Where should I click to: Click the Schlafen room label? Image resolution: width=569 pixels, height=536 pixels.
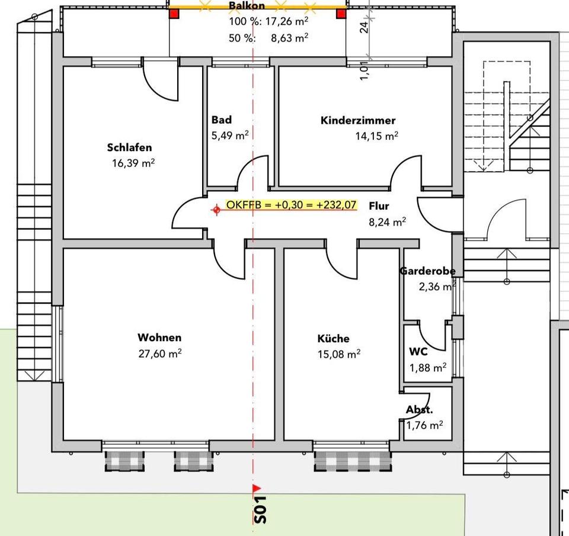pos(130,147)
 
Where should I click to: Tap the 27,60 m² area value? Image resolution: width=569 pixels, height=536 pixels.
pos(159,354)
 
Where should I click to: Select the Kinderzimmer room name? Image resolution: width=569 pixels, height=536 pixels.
pos(357,121)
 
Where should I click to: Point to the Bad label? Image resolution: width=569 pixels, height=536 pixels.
pos(222,120)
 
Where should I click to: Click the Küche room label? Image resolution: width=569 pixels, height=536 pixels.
pos(333,339)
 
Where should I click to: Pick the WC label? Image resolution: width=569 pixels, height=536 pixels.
pos(418,351)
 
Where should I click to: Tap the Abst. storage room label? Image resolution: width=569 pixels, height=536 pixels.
pos(419,410)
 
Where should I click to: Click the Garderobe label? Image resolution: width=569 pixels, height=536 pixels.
pos(427,271)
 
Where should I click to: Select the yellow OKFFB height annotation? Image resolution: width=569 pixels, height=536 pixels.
pos(291,206)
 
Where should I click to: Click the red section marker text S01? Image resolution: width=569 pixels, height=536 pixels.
pos(260,509)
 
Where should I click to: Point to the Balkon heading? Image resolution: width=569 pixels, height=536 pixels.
pos(247,6)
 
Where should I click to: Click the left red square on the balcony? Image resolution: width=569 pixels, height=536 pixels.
pos(174,13)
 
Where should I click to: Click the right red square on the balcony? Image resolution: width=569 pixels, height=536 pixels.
pos(341,13)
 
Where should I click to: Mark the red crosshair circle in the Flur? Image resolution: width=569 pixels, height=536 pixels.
pos(217,209)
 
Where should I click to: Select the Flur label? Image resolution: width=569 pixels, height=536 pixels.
pos(378,207)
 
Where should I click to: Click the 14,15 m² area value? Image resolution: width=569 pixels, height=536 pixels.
pos(376,136)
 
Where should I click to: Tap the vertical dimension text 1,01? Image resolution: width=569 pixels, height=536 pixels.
pos(364,70)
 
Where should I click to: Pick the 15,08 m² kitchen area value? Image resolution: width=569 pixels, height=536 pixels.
pos(339,354)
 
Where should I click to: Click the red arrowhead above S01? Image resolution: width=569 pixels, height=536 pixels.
pos(257,488)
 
